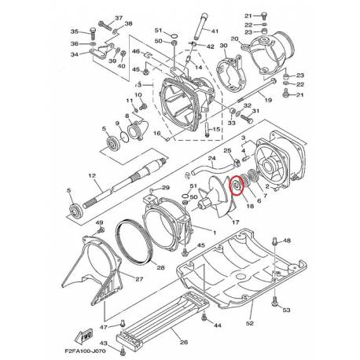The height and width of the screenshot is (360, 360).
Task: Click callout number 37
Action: tap(119, 17)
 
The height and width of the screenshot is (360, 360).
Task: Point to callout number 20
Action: tap(234, 39)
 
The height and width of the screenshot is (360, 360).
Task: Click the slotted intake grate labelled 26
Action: tap(156, 314)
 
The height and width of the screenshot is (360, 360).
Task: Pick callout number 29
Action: tap(165, 189)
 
